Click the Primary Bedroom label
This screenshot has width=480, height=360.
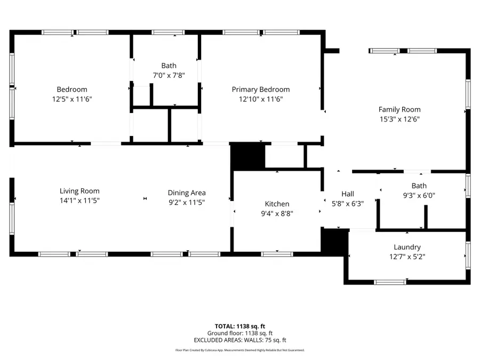(x=260, y=90)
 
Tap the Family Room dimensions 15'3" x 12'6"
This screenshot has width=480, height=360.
(x=399, y=119)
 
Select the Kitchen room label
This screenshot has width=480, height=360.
(x=277, y=204)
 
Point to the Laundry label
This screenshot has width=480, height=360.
(x=407, y=247)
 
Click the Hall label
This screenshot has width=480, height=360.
(x=347, y=194)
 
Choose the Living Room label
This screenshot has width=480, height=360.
(x=79, y=191)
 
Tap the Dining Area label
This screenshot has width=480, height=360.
(x=187, y=193)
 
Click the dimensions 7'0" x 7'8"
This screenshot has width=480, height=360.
(x=169, y=75)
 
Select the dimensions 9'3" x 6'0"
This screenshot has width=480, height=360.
(x=419, y=195)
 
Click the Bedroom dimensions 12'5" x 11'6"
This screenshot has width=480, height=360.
(x=72, y=99)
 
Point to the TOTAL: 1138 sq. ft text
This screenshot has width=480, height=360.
(x=240, y=326)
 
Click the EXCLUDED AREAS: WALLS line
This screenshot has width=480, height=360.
(x=240, y=340)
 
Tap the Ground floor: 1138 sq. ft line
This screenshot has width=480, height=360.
(x=240, y=333)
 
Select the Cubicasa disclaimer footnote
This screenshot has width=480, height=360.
(x=240, y=350)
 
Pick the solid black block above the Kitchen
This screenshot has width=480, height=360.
(x=248, y=157)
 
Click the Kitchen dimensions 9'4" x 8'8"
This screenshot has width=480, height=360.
(x=277, y=213)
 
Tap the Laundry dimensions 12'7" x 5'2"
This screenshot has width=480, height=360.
(x=407, y=256)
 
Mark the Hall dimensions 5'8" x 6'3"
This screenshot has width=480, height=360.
(x=347, y=203)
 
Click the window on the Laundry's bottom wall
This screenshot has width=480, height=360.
(x=390, y=282)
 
